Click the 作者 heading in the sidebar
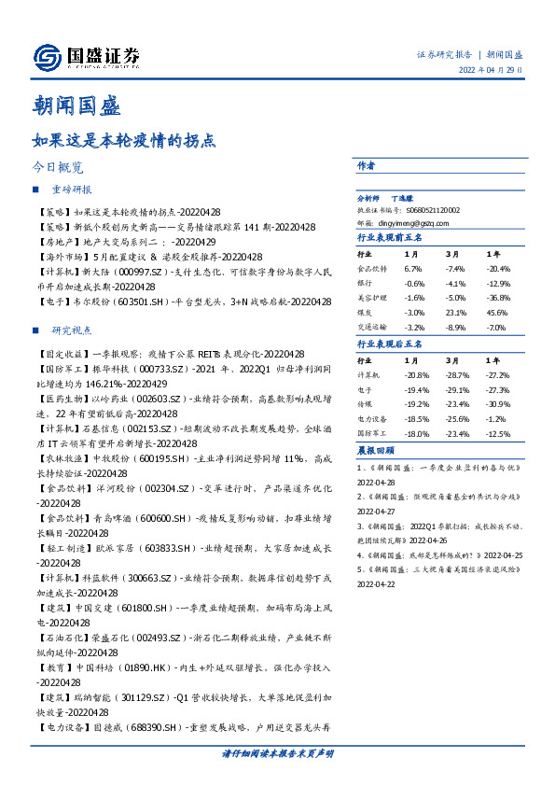(x=367, y=165)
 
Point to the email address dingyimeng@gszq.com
(x=407, y=224)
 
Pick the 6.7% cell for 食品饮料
(x=413, y=268)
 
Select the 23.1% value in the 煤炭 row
(x=456, y=314)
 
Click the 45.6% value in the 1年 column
(x=498, y=314)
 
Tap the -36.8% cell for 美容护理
(x=498, y=299)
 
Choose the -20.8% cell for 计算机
(x=415, y=373)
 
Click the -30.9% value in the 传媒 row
(x=499, y=404)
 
